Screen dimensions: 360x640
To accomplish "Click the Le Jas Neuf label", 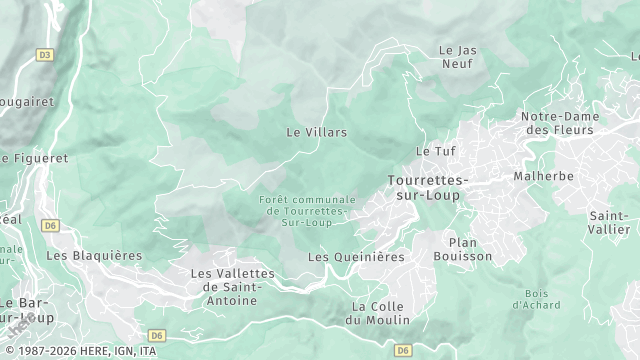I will pos(457,56).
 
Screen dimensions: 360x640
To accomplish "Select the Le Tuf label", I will pos(435,151).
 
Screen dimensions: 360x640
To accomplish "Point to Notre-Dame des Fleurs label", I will pos(559,123).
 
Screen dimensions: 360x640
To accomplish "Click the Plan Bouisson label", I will pos(462,250).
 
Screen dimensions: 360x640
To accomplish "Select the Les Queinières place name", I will pos(356,257).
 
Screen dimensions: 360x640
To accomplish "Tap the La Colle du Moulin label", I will pos(377,313).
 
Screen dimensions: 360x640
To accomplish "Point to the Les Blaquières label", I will pos(94,256).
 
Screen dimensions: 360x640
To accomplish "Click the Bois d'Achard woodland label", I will pos(528,299).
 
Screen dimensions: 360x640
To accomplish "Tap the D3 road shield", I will pos(44,55).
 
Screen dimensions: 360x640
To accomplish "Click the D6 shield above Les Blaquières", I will pos(50,226).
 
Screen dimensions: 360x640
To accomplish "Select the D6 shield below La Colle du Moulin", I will pos(403,350).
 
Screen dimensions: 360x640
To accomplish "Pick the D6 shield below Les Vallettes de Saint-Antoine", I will pos(156,335).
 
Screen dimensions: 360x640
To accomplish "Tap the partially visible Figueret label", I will pos(35,158).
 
